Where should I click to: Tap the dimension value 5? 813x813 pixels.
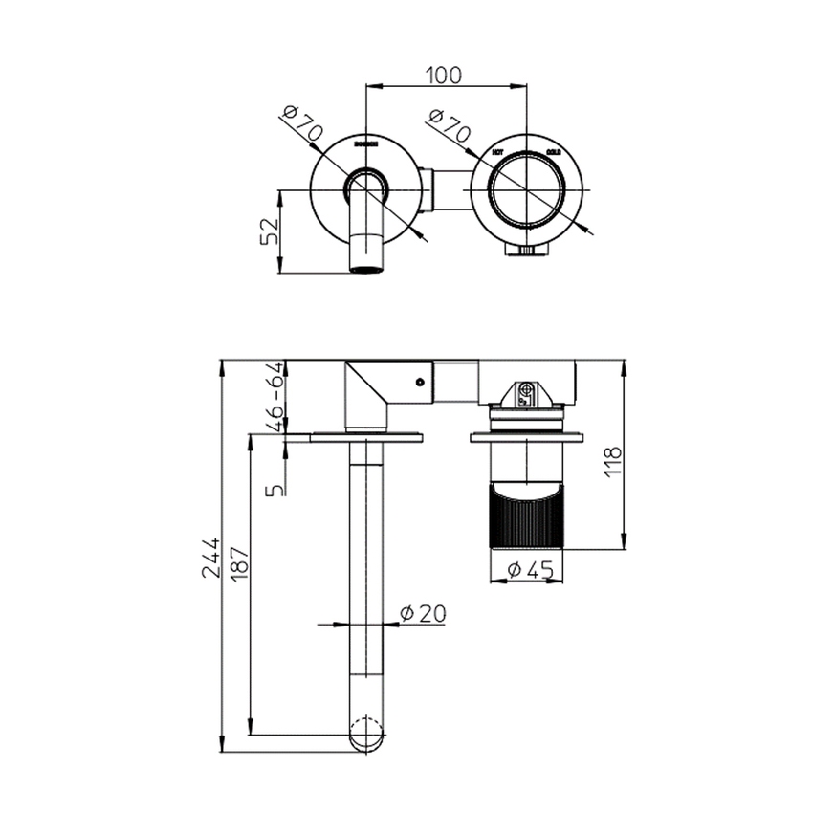pyautogui.click(x=276, y=489)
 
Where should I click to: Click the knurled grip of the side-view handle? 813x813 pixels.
pyautogui.click(x=529, y=517)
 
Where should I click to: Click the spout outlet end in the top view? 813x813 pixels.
pyautogui.click(x=367, y=266)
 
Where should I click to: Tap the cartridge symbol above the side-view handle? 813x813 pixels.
pyautogui.click(x=525, y=392)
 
